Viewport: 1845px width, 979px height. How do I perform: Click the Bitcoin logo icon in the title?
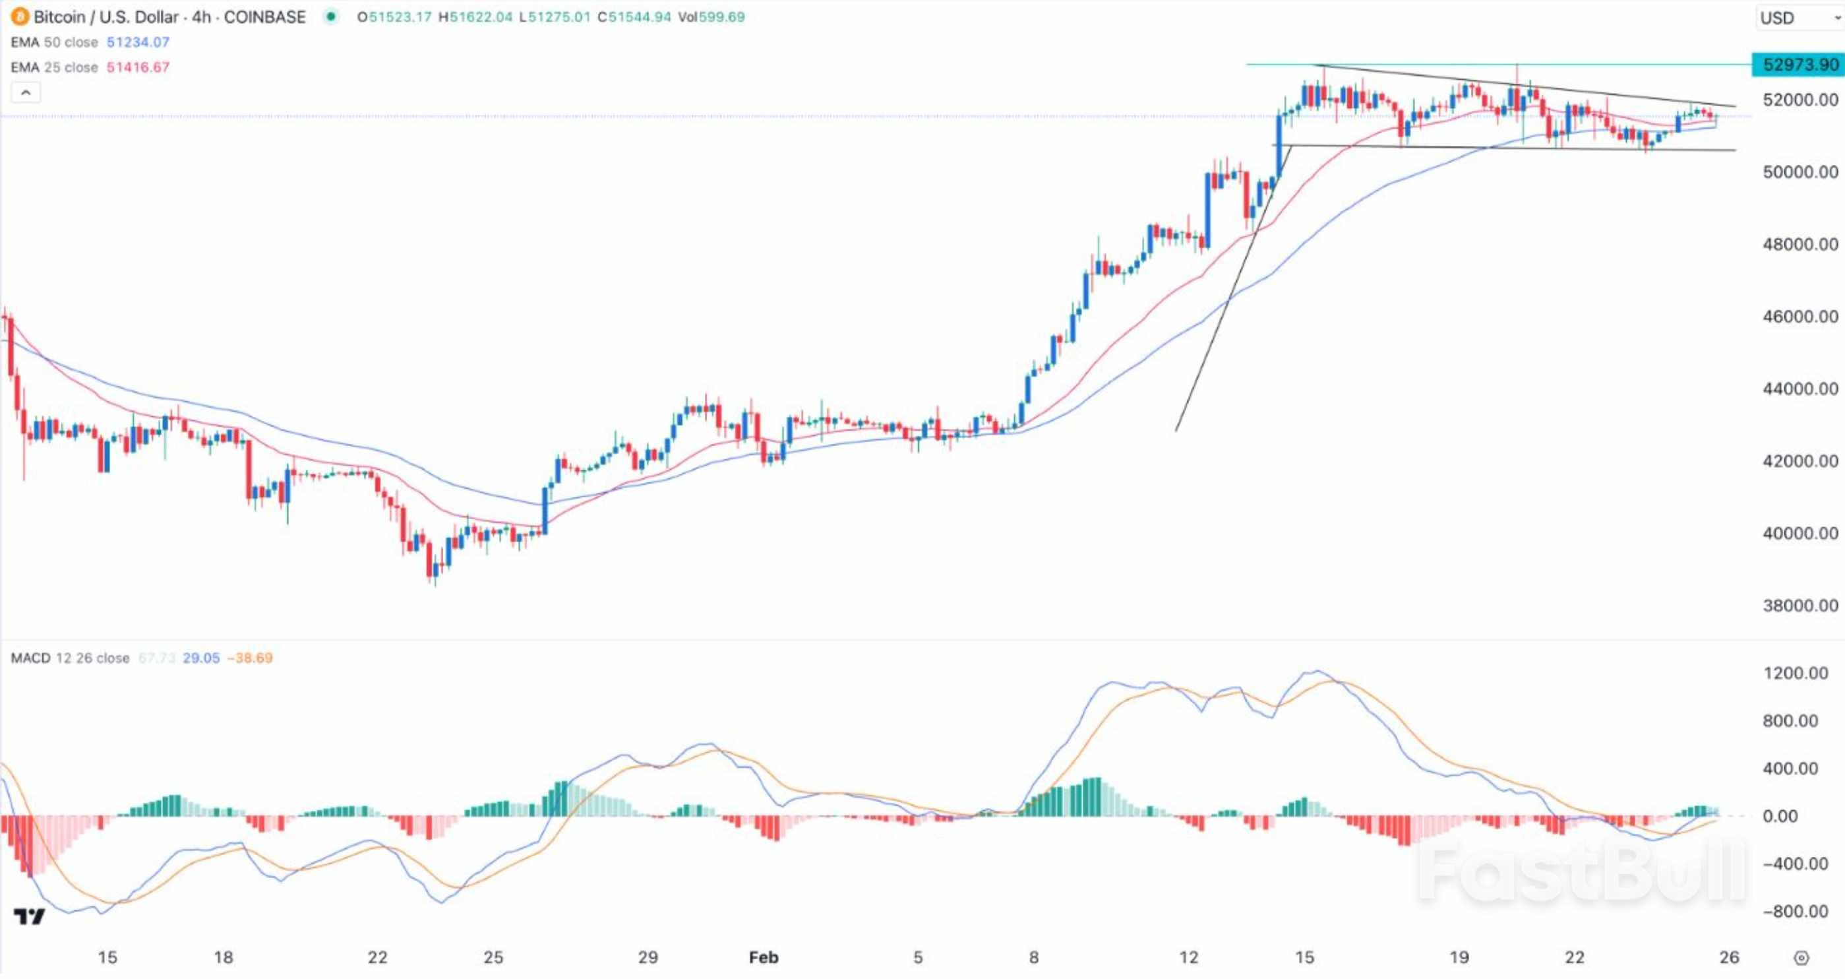point(19,16)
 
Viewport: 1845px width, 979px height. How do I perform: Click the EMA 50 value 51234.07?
point(138,42)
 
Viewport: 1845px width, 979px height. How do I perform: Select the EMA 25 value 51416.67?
point(138,67)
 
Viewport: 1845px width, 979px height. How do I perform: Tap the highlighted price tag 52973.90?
point(1799,65)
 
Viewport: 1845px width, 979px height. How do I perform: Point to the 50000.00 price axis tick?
point(1800,172)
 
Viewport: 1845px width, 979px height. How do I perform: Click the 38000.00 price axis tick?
point(1800,606)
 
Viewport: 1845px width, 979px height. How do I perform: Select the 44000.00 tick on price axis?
point(1800,389)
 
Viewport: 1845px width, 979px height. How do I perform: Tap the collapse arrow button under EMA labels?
point(26,92)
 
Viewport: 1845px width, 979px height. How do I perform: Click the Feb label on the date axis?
point(763,957)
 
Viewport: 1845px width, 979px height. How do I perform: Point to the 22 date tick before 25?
point(377,957)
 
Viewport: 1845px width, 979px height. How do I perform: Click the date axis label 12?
point(1188,957)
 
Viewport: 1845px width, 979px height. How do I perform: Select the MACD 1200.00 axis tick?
point(1796,673)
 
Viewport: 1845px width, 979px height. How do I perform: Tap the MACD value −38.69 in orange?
point(250,658)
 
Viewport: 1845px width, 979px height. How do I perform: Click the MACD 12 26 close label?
point(70,658)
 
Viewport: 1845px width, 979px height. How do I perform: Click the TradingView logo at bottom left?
point(30,916)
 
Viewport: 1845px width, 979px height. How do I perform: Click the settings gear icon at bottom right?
point(1802,958)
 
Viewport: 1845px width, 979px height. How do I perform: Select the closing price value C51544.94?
point(634,17)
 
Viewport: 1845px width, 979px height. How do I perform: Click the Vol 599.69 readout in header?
point(711,17)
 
